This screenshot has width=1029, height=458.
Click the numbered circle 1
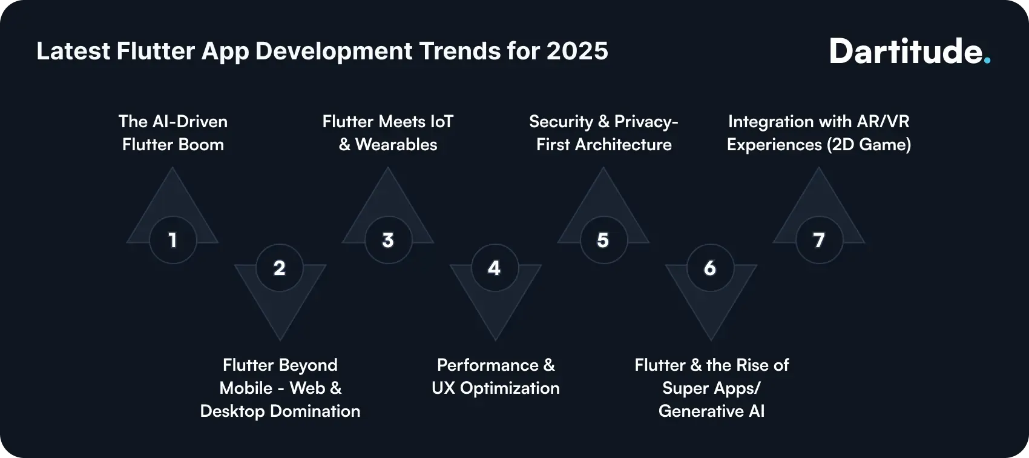tap(173, 241)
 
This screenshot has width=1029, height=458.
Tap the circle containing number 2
tap(280, 268)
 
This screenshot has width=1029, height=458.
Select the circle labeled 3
tap(388, 241)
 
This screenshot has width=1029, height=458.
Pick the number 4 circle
tap(495, 268)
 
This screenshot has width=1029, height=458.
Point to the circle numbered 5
tap(603, 241)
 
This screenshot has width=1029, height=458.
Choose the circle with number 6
tap(710, 268)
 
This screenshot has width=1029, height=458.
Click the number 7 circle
tap(819, 241)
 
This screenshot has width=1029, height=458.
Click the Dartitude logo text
tap(906, 52)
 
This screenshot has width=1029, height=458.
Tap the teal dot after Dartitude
tap(987, 61)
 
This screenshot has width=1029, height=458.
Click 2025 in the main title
tap(577, 51)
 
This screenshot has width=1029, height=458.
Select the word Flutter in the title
tap(156, 51)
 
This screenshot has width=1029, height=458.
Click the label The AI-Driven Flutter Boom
tap(173, 133)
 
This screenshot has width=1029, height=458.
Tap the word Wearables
tap(396, 145)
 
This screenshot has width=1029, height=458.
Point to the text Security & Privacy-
tap(603, 122)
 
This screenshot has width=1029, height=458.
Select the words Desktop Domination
tap(280, 411)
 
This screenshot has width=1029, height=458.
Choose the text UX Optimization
tap(496, 388)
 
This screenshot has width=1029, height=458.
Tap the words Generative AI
tap(711, 411)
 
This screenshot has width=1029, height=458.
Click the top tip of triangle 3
tap(387, 169)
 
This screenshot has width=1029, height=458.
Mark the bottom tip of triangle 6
tap(711, 339)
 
